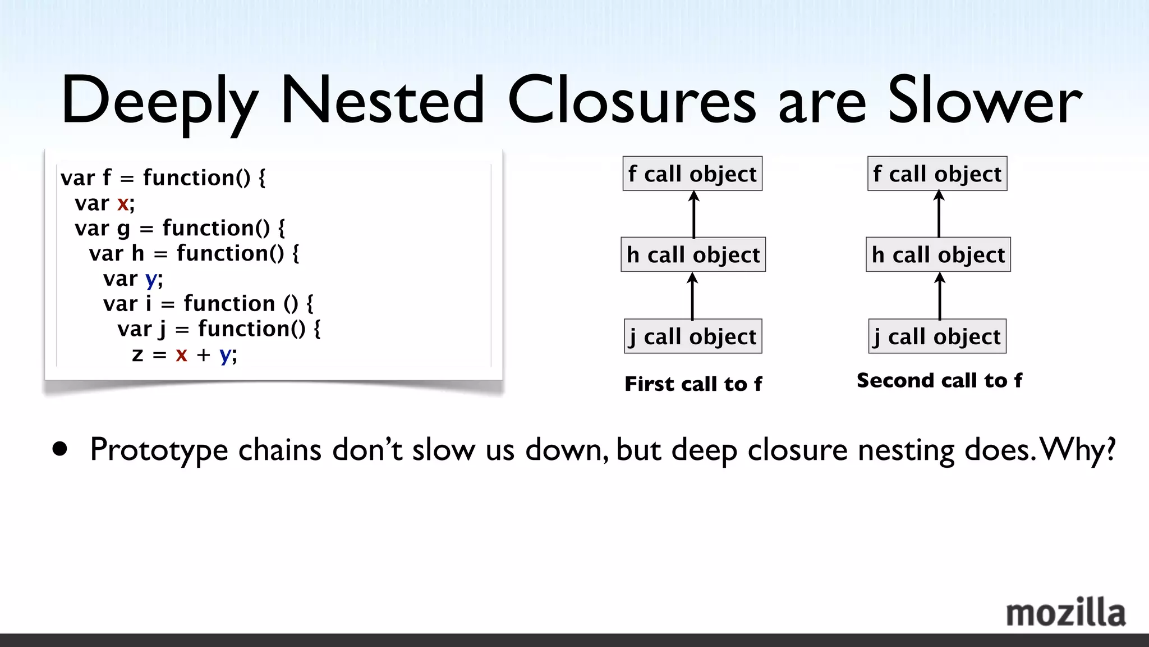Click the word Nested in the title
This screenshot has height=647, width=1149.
click(x=382, y=101)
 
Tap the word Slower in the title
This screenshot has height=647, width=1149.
click(x=985, y=101)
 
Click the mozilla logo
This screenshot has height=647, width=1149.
click(x=1065, y=613)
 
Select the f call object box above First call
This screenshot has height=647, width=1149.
click(x=692, y=174)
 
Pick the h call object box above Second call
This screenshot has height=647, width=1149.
click(x=938, y=255)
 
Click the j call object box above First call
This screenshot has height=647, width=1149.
click(x=693, y=336)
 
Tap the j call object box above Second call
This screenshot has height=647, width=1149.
click(x=937, y=336)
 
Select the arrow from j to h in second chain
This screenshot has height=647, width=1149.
click(x=940, y=296)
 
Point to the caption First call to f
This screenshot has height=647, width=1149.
click(x=693, y=384)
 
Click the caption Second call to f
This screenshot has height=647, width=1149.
click(x=939, y=381)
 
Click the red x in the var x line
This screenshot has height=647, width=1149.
click(x=123, y=203)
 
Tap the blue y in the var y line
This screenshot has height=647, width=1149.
click(x=151, y=279)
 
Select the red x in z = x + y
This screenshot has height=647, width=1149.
click(x=181, y=355)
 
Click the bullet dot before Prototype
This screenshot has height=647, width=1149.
click(x=59, y=449)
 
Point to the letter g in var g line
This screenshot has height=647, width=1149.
click(x=123, y=230)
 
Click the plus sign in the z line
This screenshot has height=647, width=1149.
click(x=203, y=355)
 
